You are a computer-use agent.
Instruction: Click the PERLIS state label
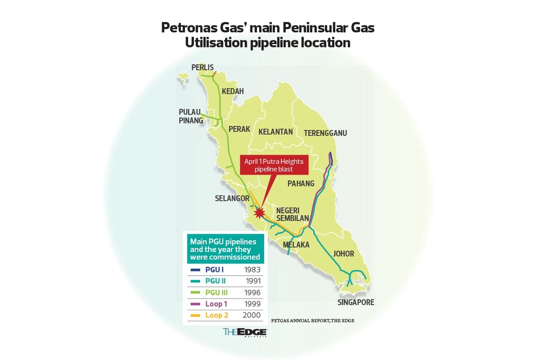click(x=203, y=67)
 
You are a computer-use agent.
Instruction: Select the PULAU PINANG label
click(x=191, y=116)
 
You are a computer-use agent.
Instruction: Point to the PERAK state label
click(x=239, y=129)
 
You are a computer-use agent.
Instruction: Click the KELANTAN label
click(x=275, y=132)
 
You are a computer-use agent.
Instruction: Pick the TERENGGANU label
click(x=325, y=133)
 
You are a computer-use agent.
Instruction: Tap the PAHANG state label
click(x=301, y=184)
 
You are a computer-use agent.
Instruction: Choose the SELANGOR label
click(x=232, y=198)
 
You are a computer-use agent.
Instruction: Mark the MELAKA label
click(x=294, y=244)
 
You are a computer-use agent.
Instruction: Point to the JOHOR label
click(x=343, y=253)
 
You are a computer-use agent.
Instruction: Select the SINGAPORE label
click(x=356, y=302)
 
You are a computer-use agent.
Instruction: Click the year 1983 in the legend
click(x=252, y=269)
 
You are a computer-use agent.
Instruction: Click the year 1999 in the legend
click(x=252, y=304)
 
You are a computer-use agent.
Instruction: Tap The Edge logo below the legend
click(x=245, y=332)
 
